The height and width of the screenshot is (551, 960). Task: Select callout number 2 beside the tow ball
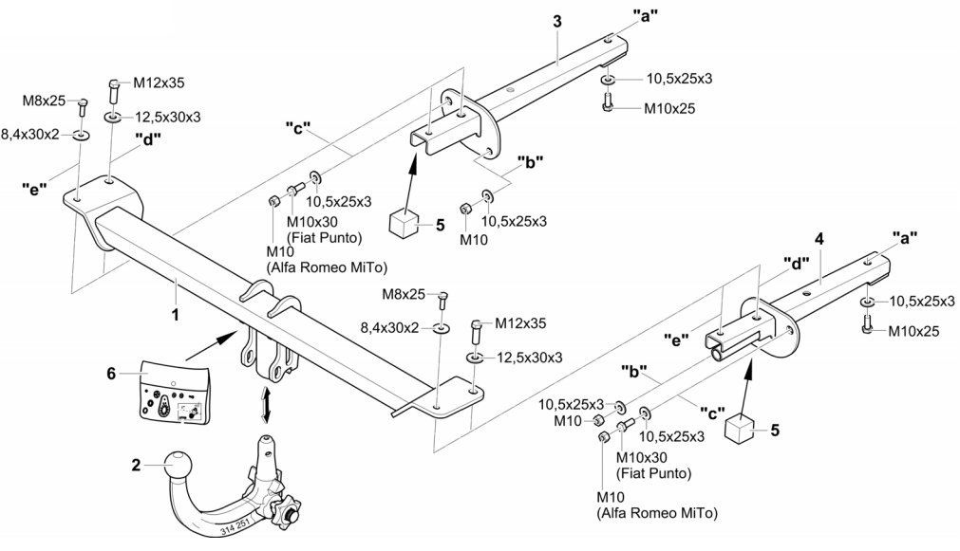(x=137, y=465)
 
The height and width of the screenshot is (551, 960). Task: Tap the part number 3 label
(x=558, y=20)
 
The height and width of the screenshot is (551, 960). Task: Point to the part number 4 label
(x=818, y=239)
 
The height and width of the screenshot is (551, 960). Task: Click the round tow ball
(x=178, y=466)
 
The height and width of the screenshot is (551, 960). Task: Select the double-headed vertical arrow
(x=267, y=404)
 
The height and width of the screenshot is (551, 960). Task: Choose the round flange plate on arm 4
(x=781, y=332)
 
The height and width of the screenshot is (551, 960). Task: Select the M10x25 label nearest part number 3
(x=668, y=108)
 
